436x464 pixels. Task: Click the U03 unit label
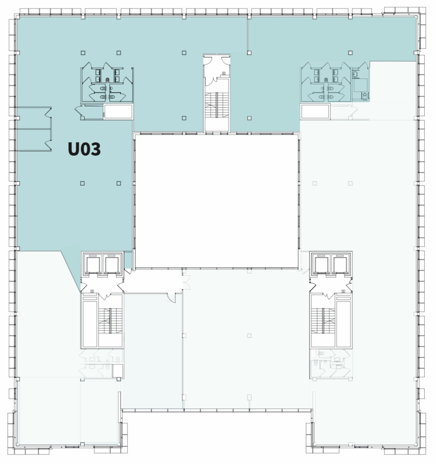(x=84, y=149)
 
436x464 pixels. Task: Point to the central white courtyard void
(x=216, y=202)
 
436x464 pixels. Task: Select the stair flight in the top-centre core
(x=217, y=105)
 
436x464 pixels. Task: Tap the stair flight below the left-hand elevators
(x=110, y=321)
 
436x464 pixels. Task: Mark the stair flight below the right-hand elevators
(x=323, y=321)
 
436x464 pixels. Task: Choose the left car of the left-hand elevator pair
(x=93, y=265)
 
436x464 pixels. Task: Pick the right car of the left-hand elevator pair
(x=112, y=265)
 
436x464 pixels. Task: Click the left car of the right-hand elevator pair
(x=322, y=265)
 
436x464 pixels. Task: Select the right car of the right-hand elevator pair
(x=340, y=265)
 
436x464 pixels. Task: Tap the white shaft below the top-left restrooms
(x=118, y=111)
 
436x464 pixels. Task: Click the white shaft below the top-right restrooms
(x=315, y=111)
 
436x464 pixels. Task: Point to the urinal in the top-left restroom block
(x=108, y=80)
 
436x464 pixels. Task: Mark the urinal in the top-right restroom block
(x=326, y=80)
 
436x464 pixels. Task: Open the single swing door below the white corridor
(x=171, y=298)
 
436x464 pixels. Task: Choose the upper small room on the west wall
(x=34, y=118)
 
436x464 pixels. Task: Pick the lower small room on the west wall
(x=34, y=140)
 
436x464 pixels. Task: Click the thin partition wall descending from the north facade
(x=248, y=33)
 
